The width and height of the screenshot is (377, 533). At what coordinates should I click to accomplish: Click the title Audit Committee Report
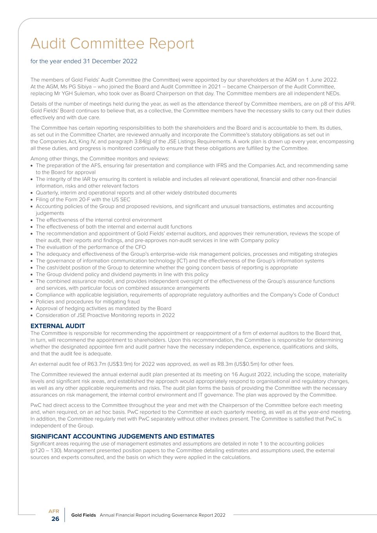pos(112,43)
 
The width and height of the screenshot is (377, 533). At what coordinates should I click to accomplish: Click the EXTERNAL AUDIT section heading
pos(57,326)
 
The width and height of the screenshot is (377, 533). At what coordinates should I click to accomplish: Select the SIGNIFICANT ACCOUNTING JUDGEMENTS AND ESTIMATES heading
pos(122,436)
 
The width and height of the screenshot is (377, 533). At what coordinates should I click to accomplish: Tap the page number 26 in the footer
pos(55,519)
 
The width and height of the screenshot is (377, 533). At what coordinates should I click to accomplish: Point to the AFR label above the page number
pos(54,511)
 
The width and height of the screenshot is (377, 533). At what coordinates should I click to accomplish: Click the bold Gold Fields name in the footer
pos(84,515)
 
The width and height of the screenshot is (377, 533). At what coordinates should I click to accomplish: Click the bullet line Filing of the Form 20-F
pos(83,200)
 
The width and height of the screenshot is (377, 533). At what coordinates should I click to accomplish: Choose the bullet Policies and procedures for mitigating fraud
pos(88,301)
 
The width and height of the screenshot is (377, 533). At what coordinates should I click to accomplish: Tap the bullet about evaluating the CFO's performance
pos(91,247)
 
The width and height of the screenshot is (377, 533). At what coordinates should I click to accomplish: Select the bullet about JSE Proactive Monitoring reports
pos(105,315)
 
